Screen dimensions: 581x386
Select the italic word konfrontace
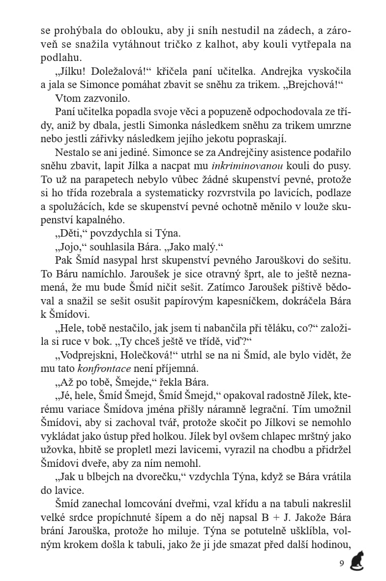tap(107, 367)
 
